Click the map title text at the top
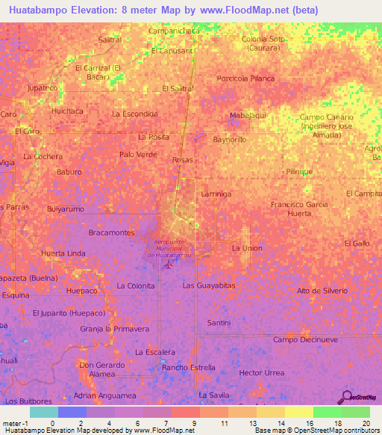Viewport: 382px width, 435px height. click(x=163, y=10)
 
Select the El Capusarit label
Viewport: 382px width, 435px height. click(x=172, y=51)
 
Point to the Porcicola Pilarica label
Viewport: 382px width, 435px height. click(x=245, y=78)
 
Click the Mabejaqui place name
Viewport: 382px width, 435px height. click(x=248, y=115)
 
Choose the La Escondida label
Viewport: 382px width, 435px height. click(x=134, y=114)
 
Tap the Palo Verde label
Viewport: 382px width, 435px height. click(x=138, y=155)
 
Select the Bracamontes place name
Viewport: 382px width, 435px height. click(x=111, y=233)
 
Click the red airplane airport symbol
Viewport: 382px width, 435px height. click(x=169, y=265)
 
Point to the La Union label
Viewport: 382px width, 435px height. click(x=247, y=247)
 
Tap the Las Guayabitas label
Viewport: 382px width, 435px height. click(x=209, y=286)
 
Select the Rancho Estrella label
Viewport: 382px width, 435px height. click(x=189, y=368)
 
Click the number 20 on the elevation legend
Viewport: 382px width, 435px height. click(x=366, y=423)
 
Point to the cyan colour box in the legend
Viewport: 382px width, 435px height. click(x=43, y=412)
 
